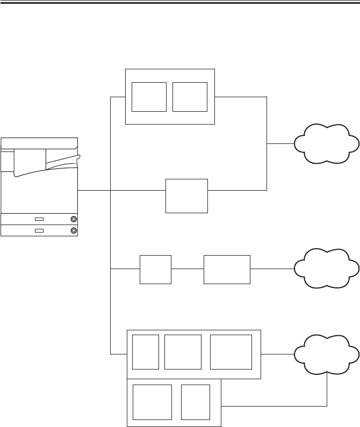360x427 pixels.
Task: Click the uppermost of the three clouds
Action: (326, 143)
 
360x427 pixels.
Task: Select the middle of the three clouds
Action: (326, 268)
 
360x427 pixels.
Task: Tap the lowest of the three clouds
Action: (326, 354)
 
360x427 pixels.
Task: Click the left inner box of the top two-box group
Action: (149, 97)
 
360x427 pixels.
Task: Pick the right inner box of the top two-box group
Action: (190, 97)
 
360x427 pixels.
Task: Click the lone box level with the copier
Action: (186, 196)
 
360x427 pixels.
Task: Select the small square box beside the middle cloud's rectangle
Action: (155, 269)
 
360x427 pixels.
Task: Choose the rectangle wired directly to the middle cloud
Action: (227, 269)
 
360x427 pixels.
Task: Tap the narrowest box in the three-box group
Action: (146, 351)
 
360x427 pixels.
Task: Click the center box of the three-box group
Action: (183, 351)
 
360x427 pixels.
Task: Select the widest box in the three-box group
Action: (231, 351)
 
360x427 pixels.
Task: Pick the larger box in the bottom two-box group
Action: (152, 402)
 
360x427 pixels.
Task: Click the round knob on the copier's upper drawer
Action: (73, 219)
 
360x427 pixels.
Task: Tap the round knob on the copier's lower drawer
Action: (73, 230)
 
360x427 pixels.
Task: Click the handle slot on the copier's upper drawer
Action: (39, 219)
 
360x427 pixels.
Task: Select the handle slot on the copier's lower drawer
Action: (39, 230)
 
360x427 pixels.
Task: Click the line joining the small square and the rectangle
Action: (188, 269)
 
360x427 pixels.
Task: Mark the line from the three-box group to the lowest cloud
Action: (278, 354)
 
